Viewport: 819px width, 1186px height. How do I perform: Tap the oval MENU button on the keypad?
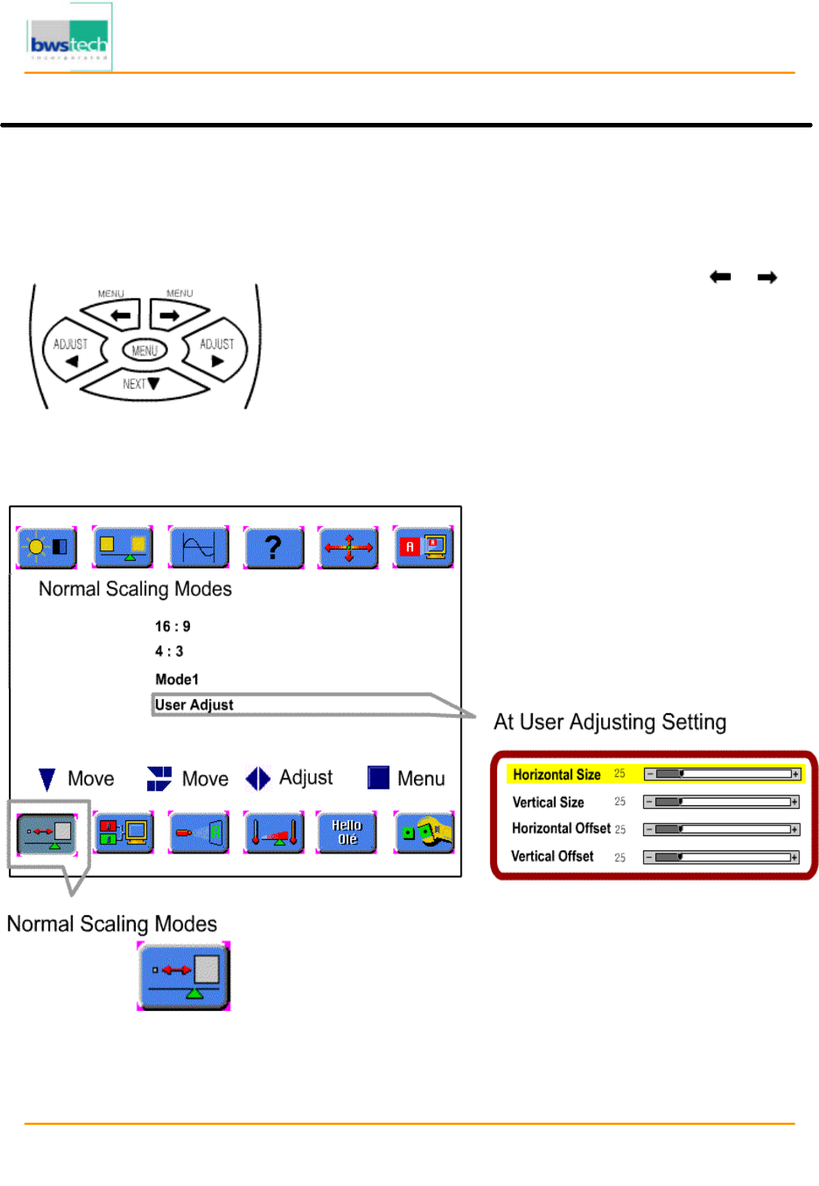145,351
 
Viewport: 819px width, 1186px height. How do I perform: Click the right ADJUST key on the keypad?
216,351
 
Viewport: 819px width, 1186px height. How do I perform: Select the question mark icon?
273,547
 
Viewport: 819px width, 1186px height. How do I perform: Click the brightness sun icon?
47,547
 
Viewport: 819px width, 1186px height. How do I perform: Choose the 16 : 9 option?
173,627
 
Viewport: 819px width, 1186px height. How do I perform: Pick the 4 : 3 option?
169,651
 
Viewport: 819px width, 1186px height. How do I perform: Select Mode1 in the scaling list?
176,679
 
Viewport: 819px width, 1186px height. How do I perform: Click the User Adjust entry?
195,705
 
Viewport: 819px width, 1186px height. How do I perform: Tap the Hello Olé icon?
347,832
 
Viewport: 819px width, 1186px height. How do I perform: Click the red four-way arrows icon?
348,547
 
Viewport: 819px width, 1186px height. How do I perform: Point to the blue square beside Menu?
378,777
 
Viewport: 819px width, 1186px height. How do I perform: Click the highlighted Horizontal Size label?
557,774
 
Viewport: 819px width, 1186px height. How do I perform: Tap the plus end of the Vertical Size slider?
795,802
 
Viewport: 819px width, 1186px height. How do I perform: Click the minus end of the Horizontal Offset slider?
649,829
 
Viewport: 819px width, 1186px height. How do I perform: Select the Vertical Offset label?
552,857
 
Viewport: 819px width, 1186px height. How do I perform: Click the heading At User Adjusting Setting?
609,722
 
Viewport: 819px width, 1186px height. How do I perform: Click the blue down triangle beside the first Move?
47,779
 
